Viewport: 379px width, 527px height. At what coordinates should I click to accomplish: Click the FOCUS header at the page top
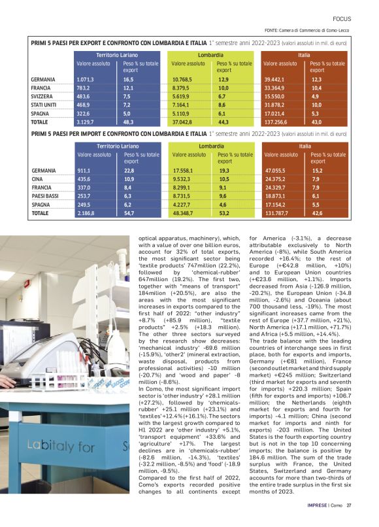point(342,18)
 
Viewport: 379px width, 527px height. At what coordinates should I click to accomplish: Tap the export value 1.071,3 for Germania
point(86,79)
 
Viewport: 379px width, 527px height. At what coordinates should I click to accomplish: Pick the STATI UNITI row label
point(46,105)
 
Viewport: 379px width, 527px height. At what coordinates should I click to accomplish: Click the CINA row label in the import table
point(38,178)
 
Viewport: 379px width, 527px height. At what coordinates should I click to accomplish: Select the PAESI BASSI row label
point(46,195)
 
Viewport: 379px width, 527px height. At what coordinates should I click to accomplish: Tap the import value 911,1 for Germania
point(84,170)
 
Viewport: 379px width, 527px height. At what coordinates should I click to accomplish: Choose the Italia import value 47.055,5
point(276,170)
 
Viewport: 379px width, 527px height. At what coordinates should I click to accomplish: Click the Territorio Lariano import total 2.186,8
point(86,213)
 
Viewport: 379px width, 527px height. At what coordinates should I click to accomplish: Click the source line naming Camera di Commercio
point(308,30)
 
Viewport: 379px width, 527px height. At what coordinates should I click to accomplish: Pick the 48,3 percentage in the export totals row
point(128,122)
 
